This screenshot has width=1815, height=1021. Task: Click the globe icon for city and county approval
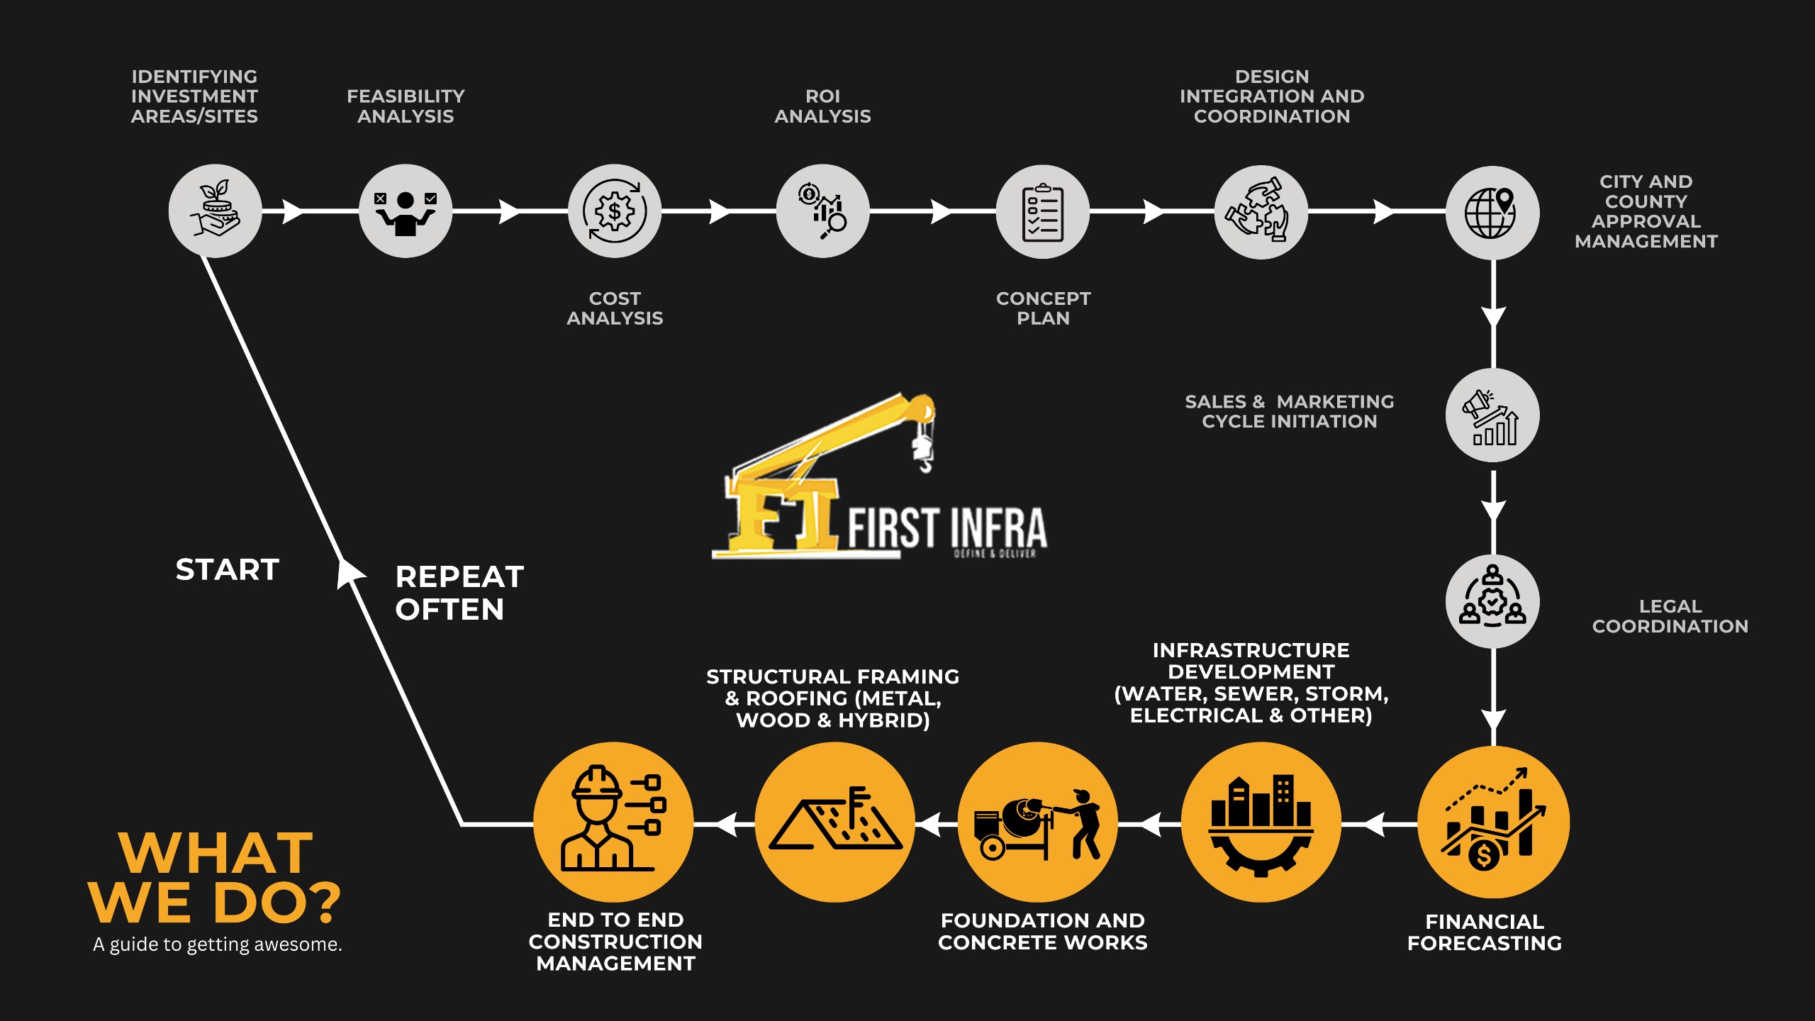tap(1492, 212)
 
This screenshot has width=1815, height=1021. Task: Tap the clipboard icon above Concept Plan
tap(1042, 212)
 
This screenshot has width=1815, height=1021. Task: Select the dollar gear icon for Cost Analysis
tap(614, 211)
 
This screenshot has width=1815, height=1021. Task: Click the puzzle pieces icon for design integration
tap(1261, 212)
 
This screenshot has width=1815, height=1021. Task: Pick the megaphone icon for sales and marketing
tap(1492, 415)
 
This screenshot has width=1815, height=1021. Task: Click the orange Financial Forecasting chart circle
tap(1493, 822)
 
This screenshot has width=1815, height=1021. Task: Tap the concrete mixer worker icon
tap(1038, 822)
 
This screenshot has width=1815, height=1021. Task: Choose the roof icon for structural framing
tap(835, 822)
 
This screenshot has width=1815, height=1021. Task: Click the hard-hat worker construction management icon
tap(613, 822)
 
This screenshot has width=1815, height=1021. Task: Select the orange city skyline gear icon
tap(1261, 822)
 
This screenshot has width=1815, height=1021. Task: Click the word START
tap(228, 569)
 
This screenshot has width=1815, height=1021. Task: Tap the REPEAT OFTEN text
tap(459, 593)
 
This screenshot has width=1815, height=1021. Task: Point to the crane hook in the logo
tap(924, 454)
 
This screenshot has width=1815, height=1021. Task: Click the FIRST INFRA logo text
tap(947, 528)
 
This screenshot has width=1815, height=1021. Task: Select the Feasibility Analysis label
tap(406, 106)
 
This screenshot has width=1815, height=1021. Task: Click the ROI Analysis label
tap(822, 106)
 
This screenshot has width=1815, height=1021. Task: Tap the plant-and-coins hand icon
tap(215, 211)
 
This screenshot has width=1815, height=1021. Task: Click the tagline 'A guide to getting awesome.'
tap(217, 944)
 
